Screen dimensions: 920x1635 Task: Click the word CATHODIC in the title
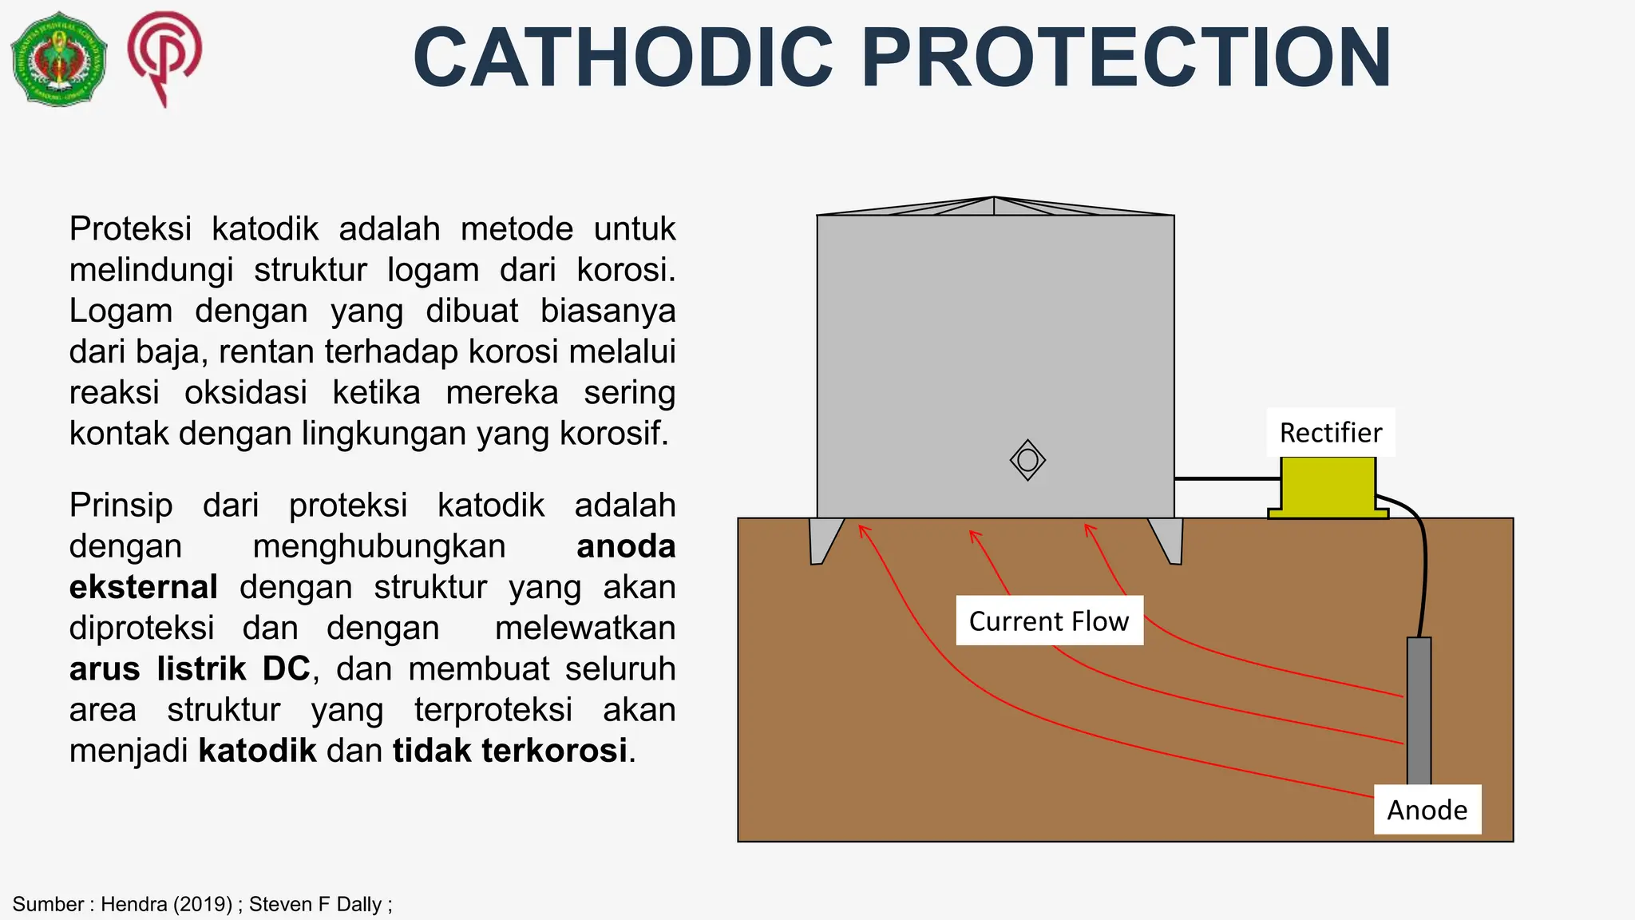tap(624, 58)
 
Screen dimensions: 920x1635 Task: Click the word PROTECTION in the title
tap(1126, 58)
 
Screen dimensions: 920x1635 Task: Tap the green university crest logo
tap(59, 58)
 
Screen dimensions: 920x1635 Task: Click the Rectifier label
tap(1330, 433)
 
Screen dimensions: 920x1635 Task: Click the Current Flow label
tap(1049, 621)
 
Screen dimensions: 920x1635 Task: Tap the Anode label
tap(1427, 810)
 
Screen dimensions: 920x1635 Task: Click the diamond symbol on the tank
tap(1027, 460)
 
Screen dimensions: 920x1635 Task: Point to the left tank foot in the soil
tap(825, 540)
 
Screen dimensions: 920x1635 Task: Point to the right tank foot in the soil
tap(1168, 540)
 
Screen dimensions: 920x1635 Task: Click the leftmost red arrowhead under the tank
tap(862, 529)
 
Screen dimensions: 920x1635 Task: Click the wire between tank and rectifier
tap(1227, 478)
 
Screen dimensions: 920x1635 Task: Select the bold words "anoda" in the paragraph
tap(626, 547)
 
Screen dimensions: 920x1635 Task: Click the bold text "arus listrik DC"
tap(189, 669)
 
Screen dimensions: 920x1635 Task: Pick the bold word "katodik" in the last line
tap(257, 751)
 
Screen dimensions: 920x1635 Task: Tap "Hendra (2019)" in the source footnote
tap(166, 904)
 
